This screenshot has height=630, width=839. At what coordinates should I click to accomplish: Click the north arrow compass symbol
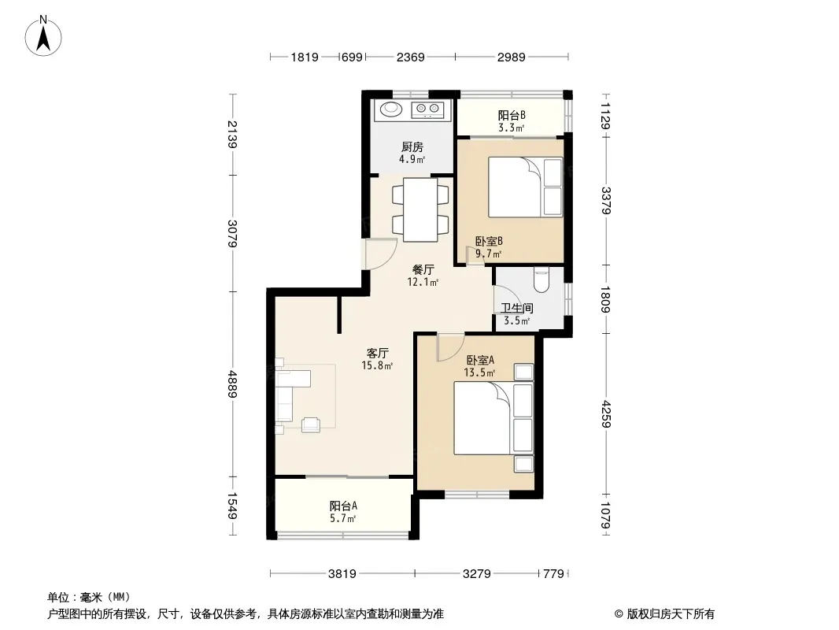pyautogui.click(x=43, y=36)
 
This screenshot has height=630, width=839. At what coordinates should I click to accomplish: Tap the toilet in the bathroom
pyautogui.click(x=541, y=280)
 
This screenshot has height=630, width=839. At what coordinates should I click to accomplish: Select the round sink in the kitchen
pyautogui.click(x=390, y=109)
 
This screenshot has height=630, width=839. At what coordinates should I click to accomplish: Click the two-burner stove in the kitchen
pyautogui.click(x=427, y=110)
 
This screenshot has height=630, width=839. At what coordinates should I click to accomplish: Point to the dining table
pyautogui.click(x=420, y=209)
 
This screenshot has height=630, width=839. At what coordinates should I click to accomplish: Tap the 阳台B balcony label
pyautogui.click(x=512, y=115)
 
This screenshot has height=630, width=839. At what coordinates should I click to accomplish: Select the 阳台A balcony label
pyautogui.click(x=343, y=506)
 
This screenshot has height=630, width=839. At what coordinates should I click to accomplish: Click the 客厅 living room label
pyautogui.click(x=377, y=354)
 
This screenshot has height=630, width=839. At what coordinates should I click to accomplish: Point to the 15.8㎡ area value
pyautogui.click(x=377, y=366)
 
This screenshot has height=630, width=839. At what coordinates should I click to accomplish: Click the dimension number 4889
pyautogui.click(x=232, y=384)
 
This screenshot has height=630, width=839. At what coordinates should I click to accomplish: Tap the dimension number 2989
pyautogui.click(x=511, y=57)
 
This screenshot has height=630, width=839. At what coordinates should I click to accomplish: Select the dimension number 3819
pyautogui.click(x=342, y=574)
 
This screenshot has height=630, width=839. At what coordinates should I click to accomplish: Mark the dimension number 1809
pyautogui.click(x=605, y=299)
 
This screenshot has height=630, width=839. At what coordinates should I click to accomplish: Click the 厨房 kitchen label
pyautogui.click(x=412, y=146)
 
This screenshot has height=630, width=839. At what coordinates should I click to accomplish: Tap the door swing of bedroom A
pyautogui.click(x=450, y=346)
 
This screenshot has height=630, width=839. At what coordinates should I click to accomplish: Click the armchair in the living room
pyautogui.click(x=310, y=424)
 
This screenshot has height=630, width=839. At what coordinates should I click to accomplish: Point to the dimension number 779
pyautogui.click(x=553, y=574)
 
